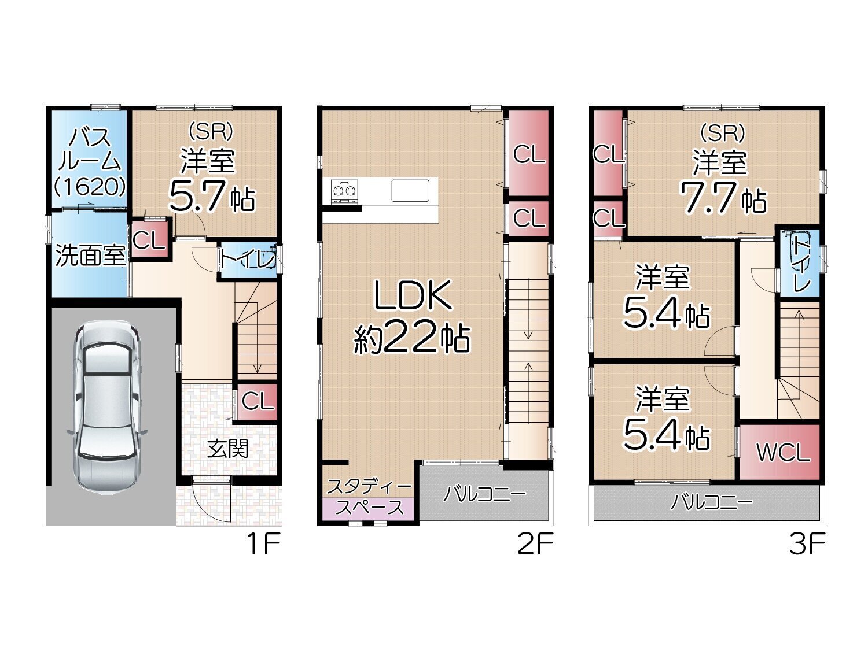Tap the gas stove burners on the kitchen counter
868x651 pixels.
pyautogui.click(x=344, y=191)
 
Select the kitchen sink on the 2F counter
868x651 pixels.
pyautogui.click(x=410, y=191)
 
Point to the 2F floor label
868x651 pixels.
pyautogui.click(x=535, y=544)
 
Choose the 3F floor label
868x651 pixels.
pyautogui.click(x=807, y=544)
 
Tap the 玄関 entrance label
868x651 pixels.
pyautogui.click(x=228, y=449)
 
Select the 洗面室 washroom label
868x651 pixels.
pyautogui.click(x=90, y=255)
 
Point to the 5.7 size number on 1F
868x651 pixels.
pyautogui.click(x=198, y=195)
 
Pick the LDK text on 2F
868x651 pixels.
pyautogui.click(x=414, y=295)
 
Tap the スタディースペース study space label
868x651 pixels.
pyautogui.click(x=369, y=497)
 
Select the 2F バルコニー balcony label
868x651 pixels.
pyautogui.click(x=484, y=494)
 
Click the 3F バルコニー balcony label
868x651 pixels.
pyautogui.click(x=711, y=502)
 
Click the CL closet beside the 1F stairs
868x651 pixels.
pyautogui.click(x=257, y=402)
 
